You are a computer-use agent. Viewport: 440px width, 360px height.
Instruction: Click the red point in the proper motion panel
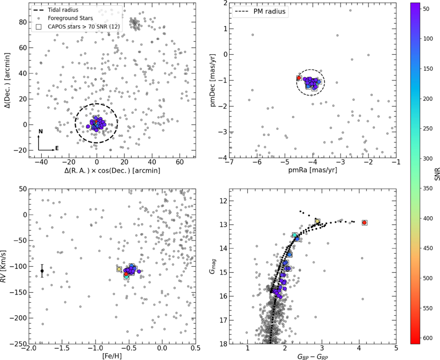tap(299, 78)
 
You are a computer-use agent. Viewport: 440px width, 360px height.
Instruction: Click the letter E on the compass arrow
tap(57, 148)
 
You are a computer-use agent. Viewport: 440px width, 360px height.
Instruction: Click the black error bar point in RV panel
tap(42, 271)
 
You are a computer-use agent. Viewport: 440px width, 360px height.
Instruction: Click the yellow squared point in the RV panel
tap(119, 269)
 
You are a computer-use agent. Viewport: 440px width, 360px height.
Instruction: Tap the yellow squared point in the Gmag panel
tap(317, 221)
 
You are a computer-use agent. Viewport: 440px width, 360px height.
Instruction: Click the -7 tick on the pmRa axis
tap(230, 162)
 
